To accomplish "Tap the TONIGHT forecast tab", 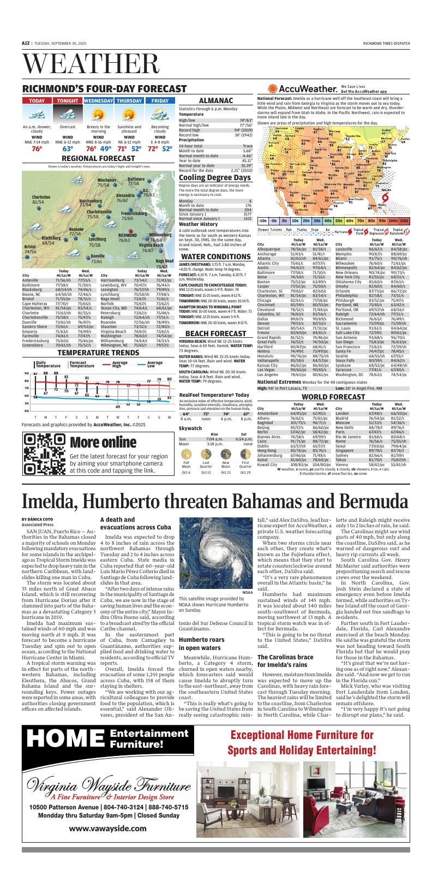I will (x=68, y=101).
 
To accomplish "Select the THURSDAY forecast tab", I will (x=129, y=101).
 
